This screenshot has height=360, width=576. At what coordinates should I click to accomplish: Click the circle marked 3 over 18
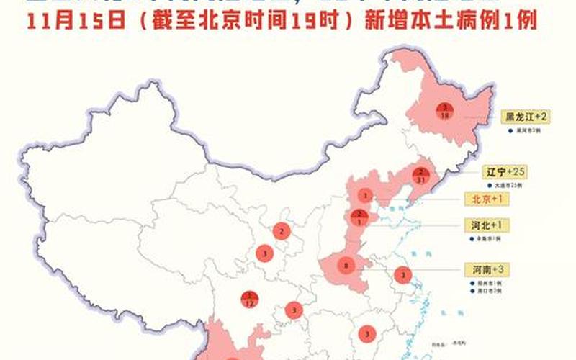[x=444, y=110]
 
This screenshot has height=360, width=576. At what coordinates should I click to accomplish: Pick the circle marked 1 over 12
[x=249, y=297]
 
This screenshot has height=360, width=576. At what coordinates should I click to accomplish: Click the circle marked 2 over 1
[x=358, y=216]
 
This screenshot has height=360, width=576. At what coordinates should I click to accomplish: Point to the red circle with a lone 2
[x=282, y=231]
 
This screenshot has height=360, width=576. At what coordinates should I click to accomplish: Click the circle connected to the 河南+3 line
[x=402, y=274]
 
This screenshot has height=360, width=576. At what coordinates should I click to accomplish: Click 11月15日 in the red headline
[x=76, y=21]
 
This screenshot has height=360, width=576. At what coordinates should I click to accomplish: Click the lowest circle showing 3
[x=367, y=333]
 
